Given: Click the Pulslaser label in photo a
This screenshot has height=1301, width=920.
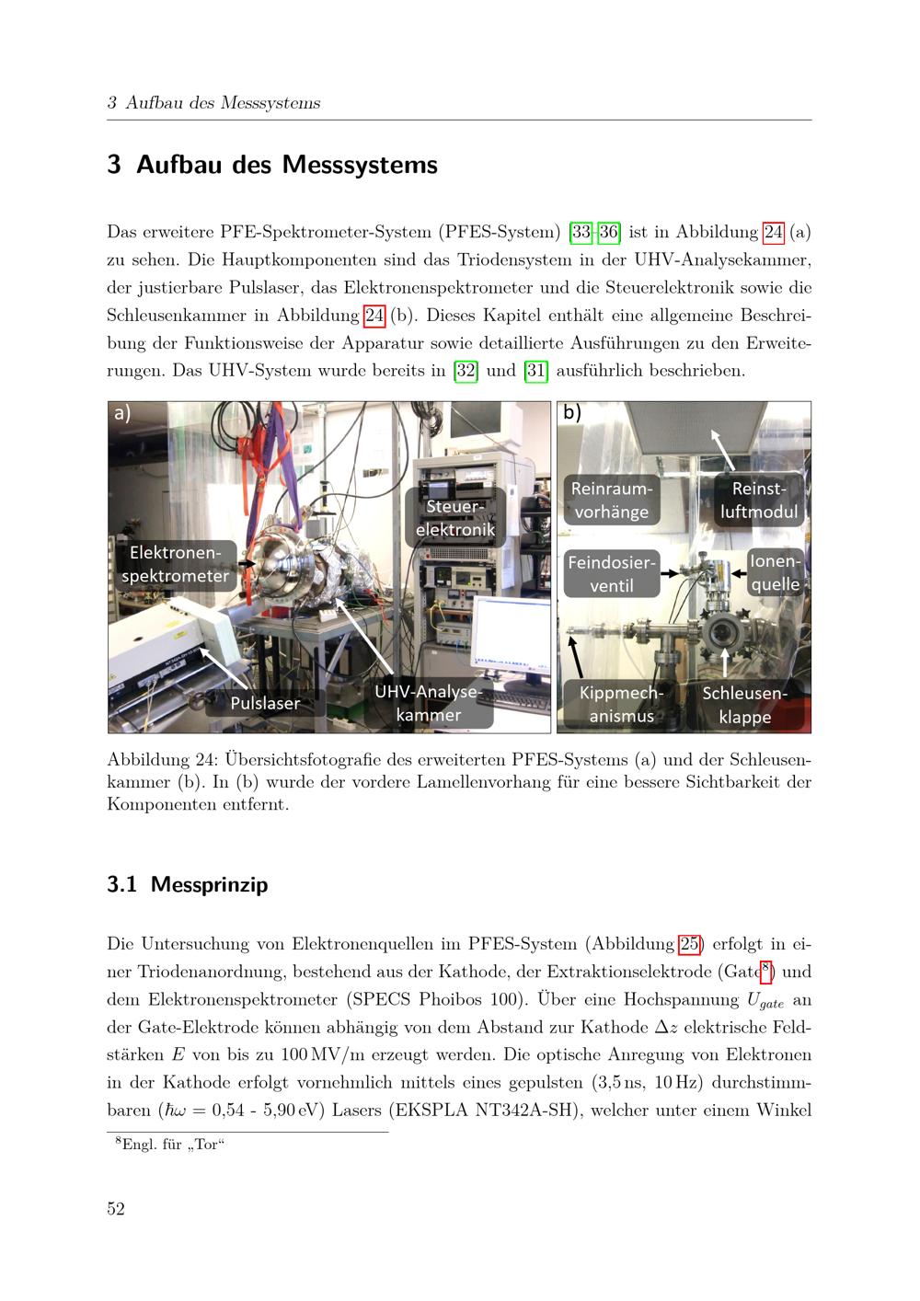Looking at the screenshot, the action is coord(265,703).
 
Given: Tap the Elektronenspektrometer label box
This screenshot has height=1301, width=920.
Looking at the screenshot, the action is coord(176,565).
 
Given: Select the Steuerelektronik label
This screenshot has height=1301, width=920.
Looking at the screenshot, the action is coord(454,517).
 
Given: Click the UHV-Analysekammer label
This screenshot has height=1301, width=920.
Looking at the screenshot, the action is coord(428,703).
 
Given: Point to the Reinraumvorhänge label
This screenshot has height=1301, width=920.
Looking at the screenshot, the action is coord(612,501).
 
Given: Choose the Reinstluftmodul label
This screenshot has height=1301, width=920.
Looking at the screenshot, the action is coord(758,501).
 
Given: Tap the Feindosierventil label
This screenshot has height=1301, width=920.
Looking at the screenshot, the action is coord(612,574).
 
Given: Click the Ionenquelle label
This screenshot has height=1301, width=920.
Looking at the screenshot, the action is coord(776,572).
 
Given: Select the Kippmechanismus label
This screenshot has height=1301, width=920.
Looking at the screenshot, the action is coord(622,704).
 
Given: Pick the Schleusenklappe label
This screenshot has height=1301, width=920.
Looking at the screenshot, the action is coord(744,705).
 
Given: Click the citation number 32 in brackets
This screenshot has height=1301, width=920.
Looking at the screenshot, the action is coord(466,370).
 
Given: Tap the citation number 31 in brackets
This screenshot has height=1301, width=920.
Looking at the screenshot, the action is coord(535,370).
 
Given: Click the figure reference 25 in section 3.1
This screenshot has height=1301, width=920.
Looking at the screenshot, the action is coord(689,944).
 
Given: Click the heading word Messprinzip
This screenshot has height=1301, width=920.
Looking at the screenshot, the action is coord(209,884).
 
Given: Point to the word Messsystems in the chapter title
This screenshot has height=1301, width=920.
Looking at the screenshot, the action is coord(360,165).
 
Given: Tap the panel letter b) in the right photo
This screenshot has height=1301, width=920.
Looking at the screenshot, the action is coord(572,412).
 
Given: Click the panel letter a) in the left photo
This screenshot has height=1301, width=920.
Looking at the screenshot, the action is coord(122,413).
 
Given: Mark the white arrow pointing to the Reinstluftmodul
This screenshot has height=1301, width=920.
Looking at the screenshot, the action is coord(722,451).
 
